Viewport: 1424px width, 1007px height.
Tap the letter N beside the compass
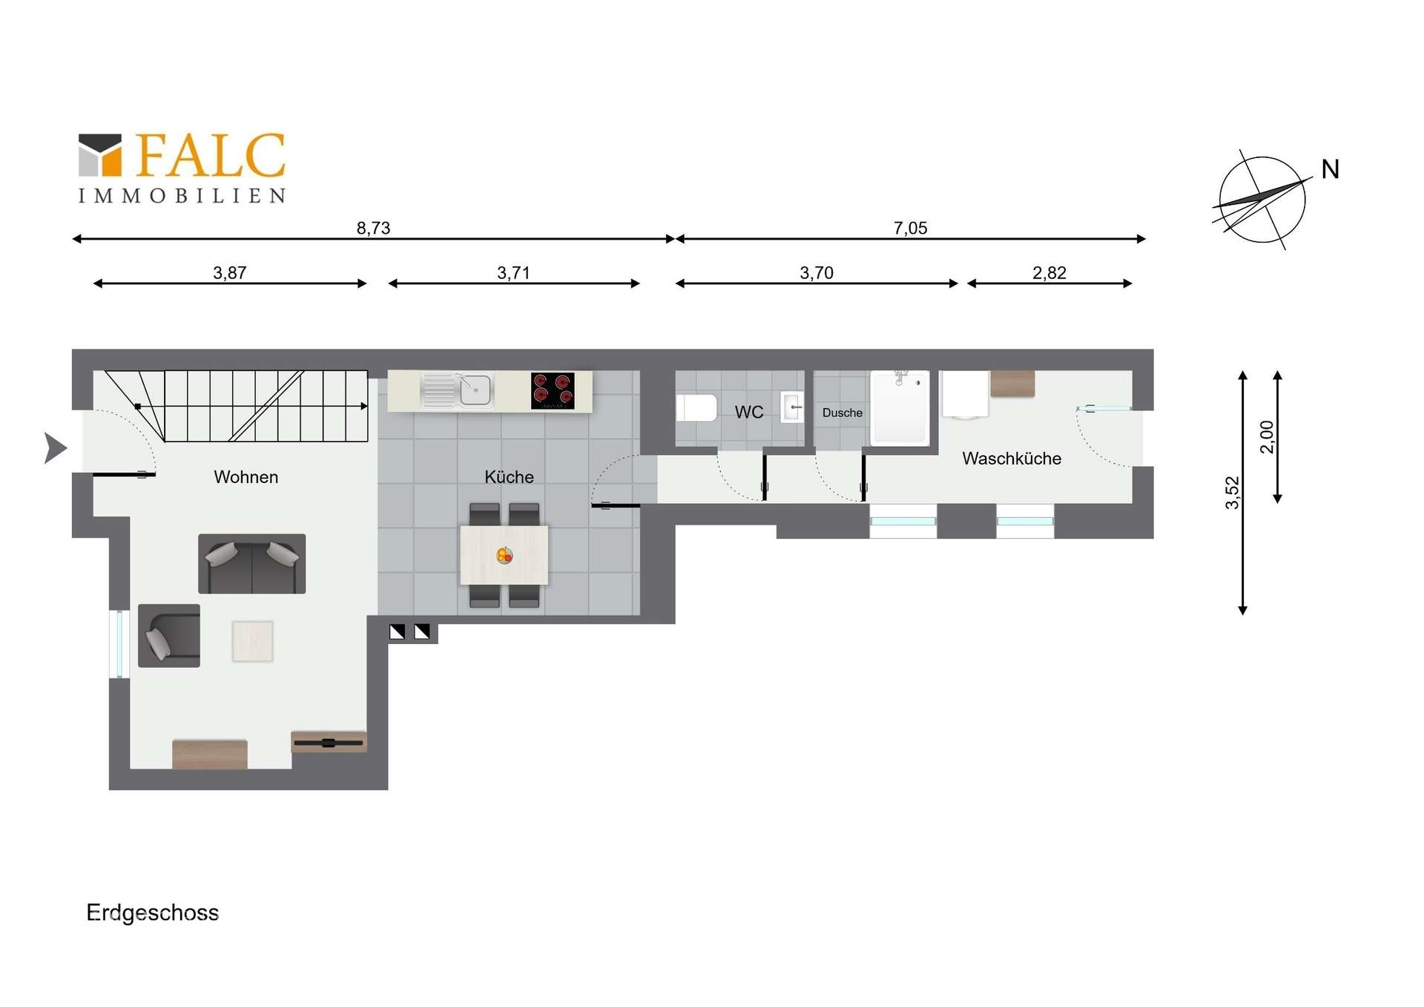[1330, 169]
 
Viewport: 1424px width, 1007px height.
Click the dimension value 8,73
[373, 228]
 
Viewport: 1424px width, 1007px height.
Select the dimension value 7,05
[910, 228]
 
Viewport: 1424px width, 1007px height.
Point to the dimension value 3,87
[229, 272]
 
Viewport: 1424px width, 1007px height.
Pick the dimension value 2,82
[1049, 272]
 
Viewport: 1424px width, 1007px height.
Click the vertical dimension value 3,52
[1232, 493]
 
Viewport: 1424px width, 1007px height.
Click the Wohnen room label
[246, 477]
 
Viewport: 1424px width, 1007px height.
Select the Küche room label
[509, 477]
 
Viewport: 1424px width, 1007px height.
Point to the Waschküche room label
[1012, 459]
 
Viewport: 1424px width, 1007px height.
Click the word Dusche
[843, 413]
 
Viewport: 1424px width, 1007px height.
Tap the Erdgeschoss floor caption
[153, 913]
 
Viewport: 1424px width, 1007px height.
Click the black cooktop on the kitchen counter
[553, 391]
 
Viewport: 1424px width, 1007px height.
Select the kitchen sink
[456, 390]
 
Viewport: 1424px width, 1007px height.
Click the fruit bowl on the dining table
[504, 555]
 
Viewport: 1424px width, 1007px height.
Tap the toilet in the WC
[696, 408]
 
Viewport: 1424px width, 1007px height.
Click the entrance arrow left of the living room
[56, 448]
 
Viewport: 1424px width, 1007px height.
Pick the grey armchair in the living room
[169, 636]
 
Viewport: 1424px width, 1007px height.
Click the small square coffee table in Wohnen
[252, 641]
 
